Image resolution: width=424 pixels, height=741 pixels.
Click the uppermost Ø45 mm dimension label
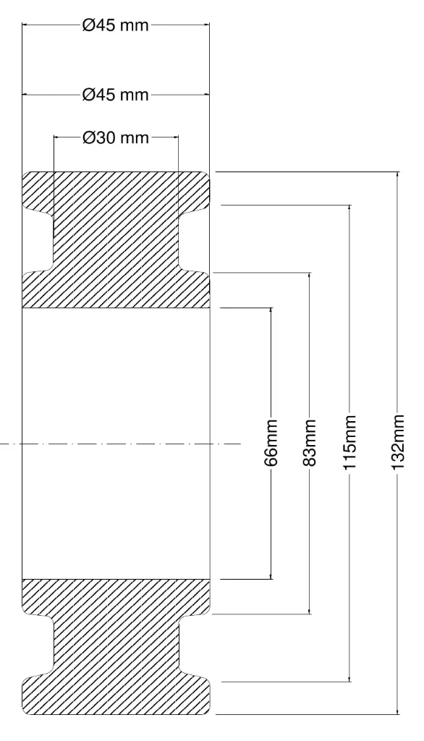pyautogui.click(x=116, y=25)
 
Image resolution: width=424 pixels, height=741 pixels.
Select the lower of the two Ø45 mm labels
pyautogui.click(x=116, y=95)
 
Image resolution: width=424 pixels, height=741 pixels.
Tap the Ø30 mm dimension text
pyautogui.click(x=116, y=137)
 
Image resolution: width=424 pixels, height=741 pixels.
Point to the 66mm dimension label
pyautogui.click(x=271, y=443)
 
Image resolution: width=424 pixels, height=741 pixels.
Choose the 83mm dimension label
pyautogui.click(x=310, y=443)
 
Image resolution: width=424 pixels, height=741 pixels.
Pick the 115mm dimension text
pyautogui.click(x=349, y=443)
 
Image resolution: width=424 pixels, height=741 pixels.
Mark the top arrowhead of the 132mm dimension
pyautogui.click(x=397, y=176)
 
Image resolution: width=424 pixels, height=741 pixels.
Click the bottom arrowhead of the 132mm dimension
pyautogui.click(x=397, y=711)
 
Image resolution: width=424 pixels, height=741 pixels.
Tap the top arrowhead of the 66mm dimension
pyautogui.click(x=271, y=311)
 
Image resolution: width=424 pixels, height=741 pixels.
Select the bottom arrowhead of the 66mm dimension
pyautogui.click(x=271, y=575)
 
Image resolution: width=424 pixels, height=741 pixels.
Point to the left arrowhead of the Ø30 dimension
pyautogui.click(x=57, y=137)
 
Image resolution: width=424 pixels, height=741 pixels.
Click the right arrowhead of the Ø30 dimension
pyautogui.click(x=174, y=137)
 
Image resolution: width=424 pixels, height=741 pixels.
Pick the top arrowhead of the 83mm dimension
pyautogui.click(x=310, y=276)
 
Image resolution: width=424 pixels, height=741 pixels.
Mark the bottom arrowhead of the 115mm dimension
pyautogui.click(x=349, y=677)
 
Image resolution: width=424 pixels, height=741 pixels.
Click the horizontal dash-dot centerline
pyautogui.click(x=121, y=444)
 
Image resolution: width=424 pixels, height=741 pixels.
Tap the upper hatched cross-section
pyautogui.click(x=116, y=240)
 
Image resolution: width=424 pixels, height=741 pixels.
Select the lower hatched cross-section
pyautogui.click(x=116, y=646)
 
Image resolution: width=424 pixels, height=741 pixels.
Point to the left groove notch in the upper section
pyautogui.click(x=38, y=240)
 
